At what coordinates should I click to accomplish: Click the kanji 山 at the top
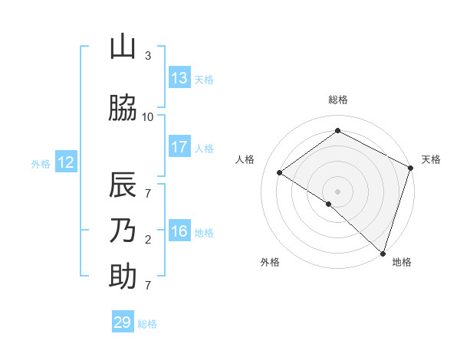123,47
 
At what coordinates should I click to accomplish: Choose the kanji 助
123,277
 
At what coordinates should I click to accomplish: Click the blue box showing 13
179,78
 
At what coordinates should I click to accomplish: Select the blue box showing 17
179,147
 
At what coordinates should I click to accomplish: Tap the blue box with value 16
179,232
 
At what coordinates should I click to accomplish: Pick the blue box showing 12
65,162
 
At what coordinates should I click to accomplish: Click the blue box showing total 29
122,322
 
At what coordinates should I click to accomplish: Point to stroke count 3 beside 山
148,56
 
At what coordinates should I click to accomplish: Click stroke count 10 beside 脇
148,116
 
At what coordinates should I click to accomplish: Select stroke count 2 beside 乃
148,240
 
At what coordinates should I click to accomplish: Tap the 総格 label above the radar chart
338,100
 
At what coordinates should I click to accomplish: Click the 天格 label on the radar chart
431,159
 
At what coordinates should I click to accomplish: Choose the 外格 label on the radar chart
270,262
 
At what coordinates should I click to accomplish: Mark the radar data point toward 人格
280,172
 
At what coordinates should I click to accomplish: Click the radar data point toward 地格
383,253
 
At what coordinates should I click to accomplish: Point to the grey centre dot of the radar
338,191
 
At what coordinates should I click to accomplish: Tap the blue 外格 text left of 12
41,163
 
